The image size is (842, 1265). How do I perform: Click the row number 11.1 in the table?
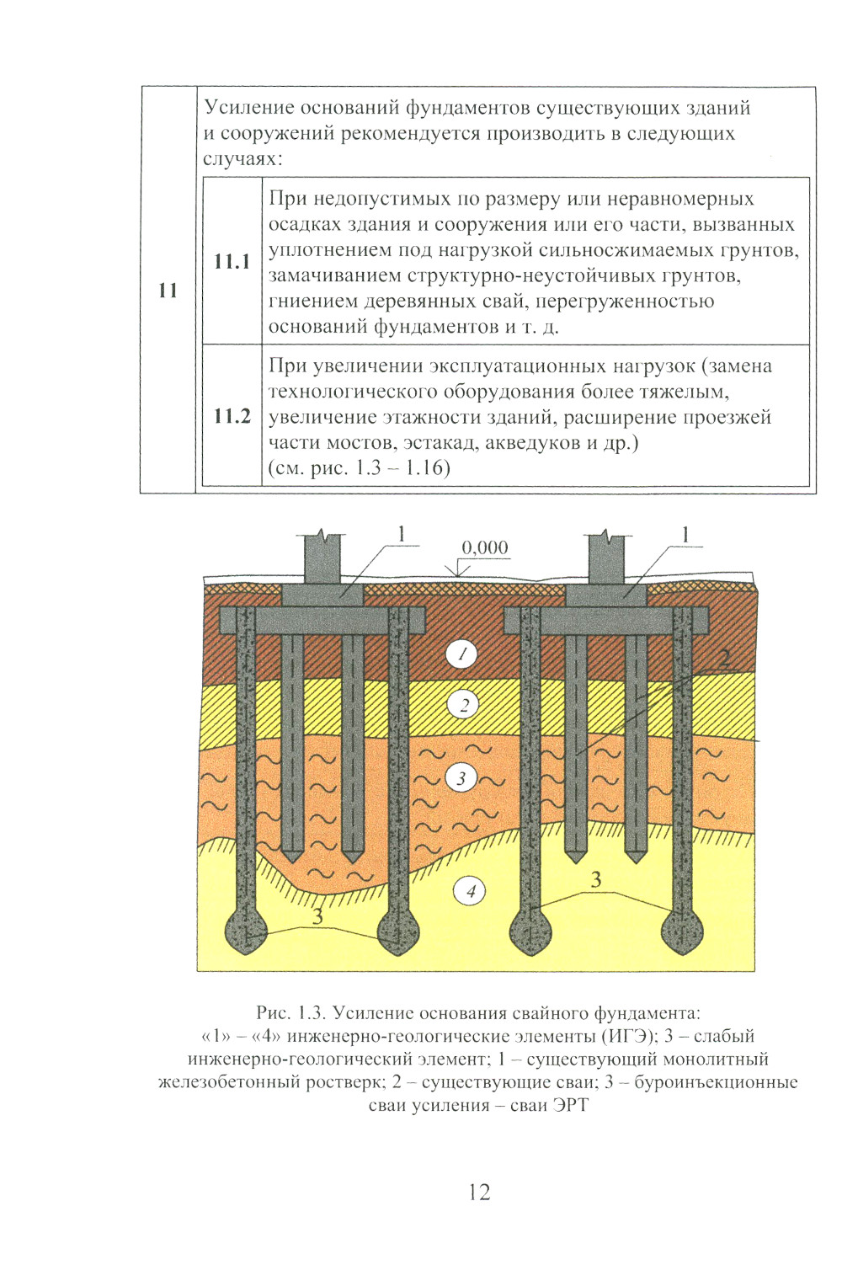[232, 262]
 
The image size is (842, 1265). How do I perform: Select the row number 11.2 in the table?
[232, 416]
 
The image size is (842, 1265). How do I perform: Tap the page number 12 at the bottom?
[479, 1192]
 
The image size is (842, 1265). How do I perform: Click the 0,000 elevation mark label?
[484, 547]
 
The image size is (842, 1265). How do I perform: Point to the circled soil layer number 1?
[461, 654]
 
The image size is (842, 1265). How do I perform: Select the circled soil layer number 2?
[463, 705]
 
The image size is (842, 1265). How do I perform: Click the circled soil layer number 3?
[461, 779]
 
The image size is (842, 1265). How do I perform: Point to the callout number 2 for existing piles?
[724, 658]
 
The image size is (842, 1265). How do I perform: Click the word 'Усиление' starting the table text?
[246, 107]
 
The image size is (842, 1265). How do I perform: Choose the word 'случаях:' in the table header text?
[242, 159]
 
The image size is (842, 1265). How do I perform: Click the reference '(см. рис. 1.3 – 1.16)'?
[360, 468]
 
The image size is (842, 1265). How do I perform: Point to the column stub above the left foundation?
[322, 558]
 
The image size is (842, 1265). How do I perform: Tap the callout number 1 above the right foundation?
[685, 534]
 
